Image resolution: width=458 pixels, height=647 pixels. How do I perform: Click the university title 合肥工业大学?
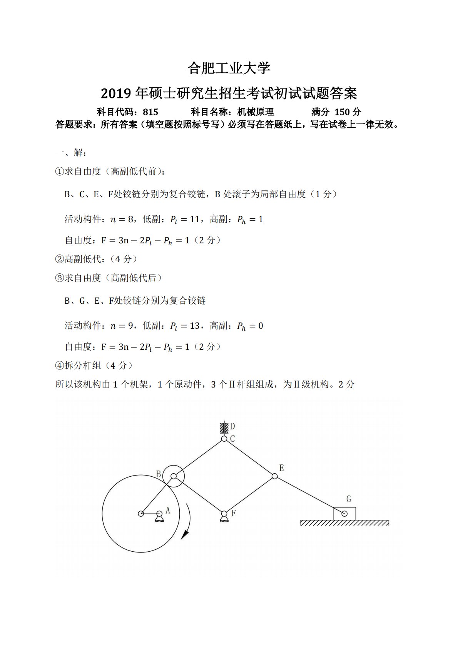tap(229, 68)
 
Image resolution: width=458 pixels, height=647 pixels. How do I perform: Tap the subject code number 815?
tap(150, 112)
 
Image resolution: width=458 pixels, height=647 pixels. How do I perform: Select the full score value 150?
tap(342, 112)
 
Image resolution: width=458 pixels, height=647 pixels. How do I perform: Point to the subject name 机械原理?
tap(256, 112)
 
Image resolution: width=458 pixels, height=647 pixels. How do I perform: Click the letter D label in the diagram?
tap(232, 426)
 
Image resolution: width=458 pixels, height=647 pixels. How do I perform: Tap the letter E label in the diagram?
tap(281, 468)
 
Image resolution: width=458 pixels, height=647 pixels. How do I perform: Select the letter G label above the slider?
tap(349, 499)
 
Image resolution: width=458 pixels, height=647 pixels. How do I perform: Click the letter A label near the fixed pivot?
tap(168, 511)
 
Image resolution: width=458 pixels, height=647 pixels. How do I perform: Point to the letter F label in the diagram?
tap(233, 513)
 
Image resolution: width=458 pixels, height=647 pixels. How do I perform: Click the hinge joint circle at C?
tap(224, 439)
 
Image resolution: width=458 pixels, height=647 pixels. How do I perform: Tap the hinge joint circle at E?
tap(274, 476)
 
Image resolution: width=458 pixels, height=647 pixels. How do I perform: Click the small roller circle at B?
tap(174, 476)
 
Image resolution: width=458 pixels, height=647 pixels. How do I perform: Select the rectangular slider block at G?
tap(344, 514)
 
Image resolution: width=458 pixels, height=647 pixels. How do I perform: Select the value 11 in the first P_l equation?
tap(195, 220)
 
